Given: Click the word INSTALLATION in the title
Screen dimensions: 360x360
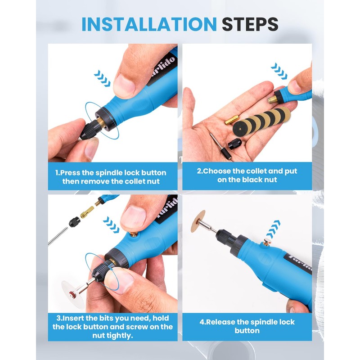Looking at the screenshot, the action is [149, 24].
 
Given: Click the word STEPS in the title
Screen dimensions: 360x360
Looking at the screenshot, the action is [250, 24].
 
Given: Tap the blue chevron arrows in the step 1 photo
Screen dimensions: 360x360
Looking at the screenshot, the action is [102, 78].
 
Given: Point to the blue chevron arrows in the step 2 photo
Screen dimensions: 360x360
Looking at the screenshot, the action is [279, 71].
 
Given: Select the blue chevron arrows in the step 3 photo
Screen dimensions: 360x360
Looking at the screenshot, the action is [111, 225].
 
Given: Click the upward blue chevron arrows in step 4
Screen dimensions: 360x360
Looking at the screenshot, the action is [273, 229].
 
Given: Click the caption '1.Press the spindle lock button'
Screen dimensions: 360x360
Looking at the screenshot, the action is [111, 173].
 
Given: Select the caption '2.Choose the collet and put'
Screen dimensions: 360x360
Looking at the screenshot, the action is [247, 171].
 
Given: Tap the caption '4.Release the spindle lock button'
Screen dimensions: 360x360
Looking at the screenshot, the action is [247, 326].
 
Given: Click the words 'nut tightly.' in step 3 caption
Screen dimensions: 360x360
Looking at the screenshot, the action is [112, 336].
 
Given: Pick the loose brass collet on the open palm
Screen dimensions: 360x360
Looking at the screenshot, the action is [232, 120].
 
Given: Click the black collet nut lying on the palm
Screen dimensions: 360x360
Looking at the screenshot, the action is [234, 144].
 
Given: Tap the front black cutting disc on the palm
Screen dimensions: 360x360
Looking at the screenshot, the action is [241, 129].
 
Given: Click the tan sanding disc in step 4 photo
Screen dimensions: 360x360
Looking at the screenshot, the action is [198, 221].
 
